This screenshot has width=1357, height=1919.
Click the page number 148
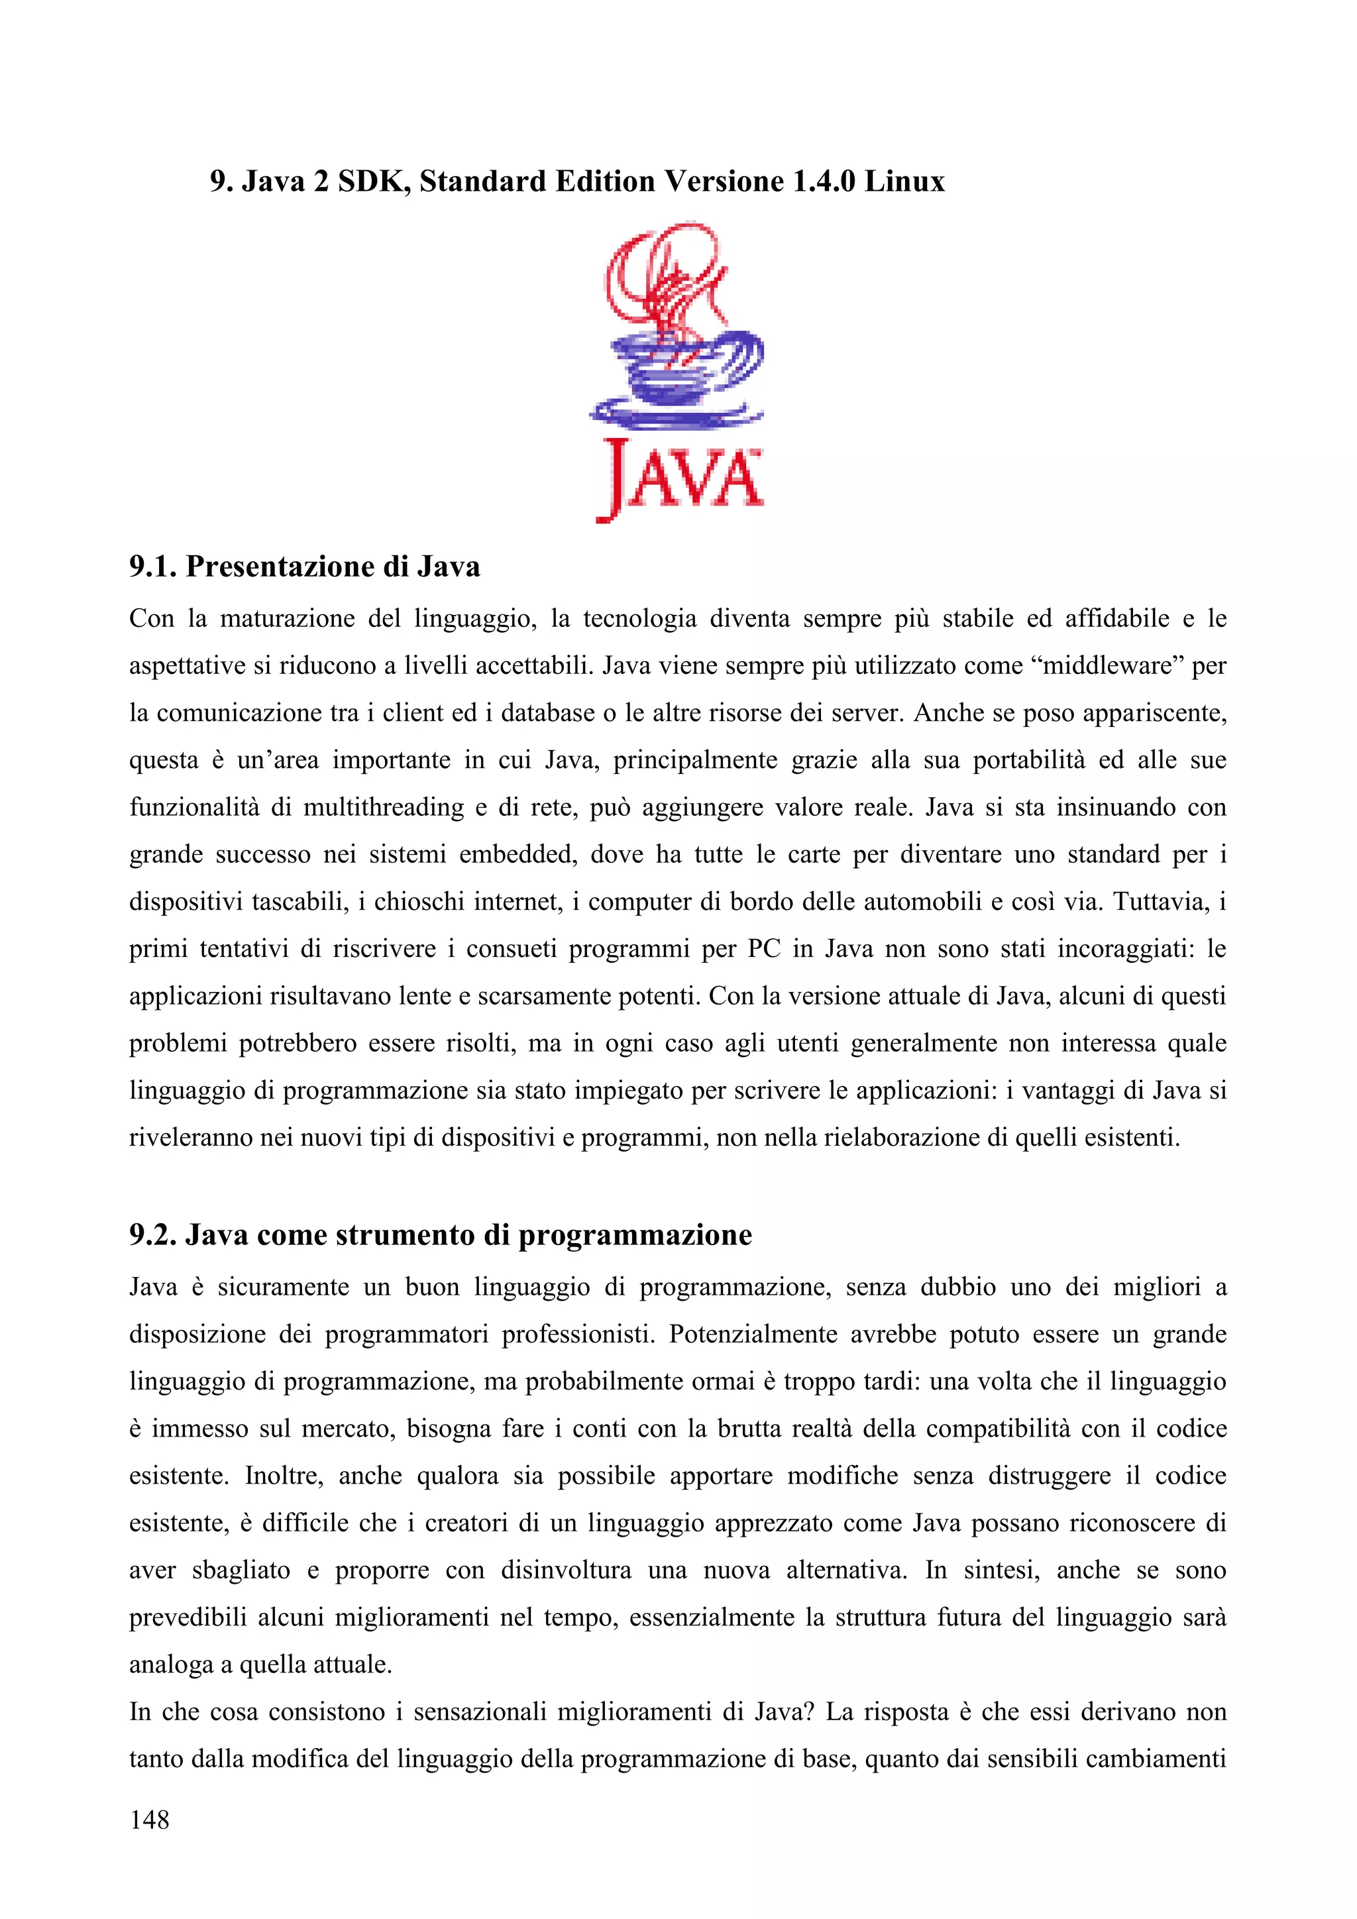coord(150,1820)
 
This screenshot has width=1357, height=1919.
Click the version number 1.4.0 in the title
coord(823,182)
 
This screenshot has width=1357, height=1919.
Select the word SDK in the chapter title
coord(372,182)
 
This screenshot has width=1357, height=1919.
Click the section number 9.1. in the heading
coord(153,567)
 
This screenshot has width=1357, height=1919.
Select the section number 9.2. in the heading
coord(153,1234)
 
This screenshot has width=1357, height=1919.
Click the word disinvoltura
coord(567,1570)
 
